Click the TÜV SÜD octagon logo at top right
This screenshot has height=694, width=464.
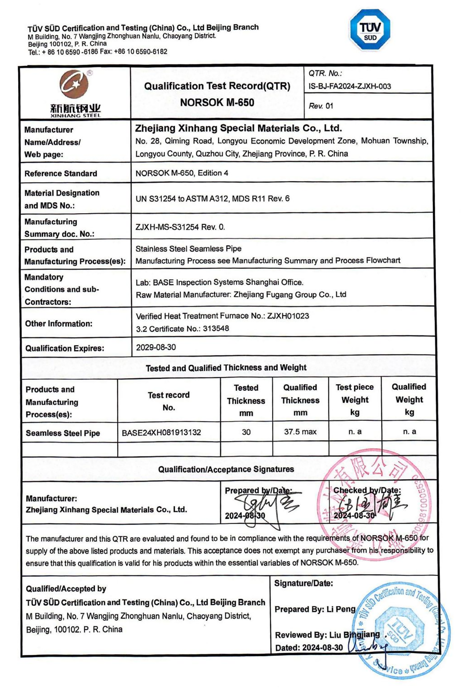[x=370, y=30]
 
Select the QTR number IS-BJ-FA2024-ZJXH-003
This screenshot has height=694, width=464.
[x=350, y=86]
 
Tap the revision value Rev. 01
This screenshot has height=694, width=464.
[x=321, y=106]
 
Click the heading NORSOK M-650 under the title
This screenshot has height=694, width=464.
[x=217, y=103]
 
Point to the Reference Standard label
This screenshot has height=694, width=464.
[x=61, y=173]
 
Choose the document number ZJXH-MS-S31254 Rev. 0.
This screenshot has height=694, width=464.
[x=180, y=227]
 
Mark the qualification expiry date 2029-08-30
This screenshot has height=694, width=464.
[x=156, y=347]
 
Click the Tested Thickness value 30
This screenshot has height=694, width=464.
[x=246, y=432]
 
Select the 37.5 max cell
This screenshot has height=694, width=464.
[x=300, y=432]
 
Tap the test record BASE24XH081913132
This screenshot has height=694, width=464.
[x=161, y=432]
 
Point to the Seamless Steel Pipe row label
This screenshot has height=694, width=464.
[x=63, y=433]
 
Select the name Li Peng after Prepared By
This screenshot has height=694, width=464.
[x=341, y=609]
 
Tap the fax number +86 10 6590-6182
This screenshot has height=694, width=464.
[x=141, y=52]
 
